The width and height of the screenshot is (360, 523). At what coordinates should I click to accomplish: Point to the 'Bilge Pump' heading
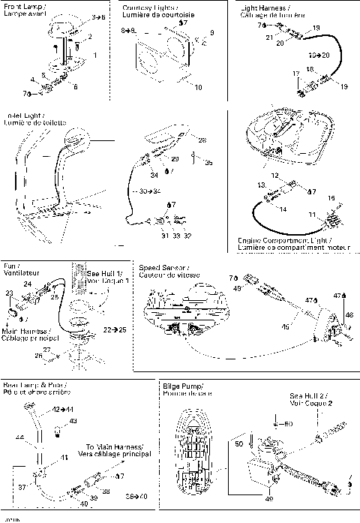tap(182, 386)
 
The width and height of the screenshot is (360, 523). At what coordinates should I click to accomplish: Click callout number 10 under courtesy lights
tap(198, 88)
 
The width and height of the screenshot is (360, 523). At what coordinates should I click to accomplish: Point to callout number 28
tap(202, 140)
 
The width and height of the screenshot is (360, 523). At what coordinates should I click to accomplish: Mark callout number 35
tap(208, 161)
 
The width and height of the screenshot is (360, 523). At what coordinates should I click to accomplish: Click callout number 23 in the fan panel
tap(10, 293)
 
